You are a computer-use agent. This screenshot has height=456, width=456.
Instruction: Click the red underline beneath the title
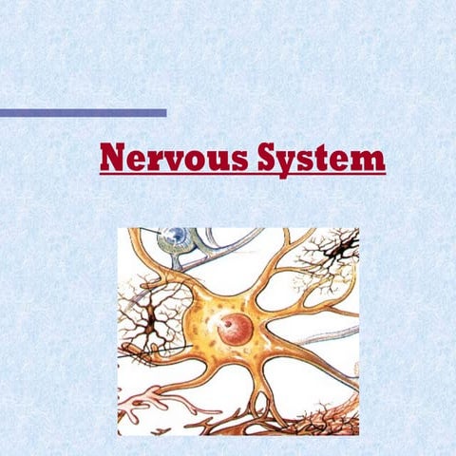(x=242, y=175)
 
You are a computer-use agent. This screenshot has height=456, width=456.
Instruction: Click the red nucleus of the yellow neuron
(x=235, y=329)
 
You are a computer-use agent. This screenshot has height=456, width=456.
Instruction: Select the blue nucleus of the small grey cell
(x=173, y=235)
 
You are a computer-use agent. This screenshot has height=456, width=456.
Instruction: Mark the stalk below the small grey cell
(x=170, y=261)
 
